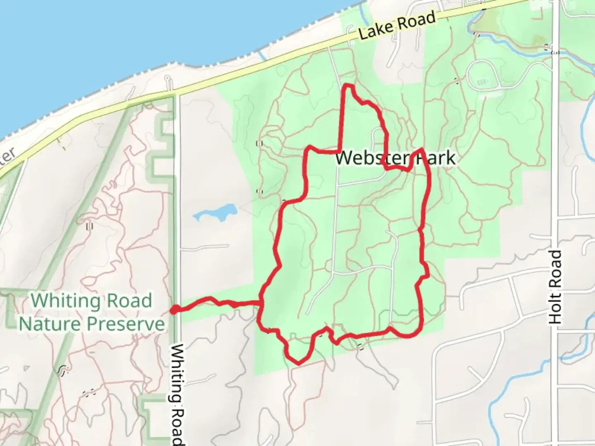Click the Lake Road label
coord(397,26)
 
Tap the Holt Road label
coord(556,287)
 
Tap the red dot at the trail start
coord(175,309)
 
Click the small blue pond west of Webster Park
coord(215,213)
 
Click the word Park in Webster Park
coord(438,158)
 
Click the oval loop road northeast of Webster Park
coord(483,75)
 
